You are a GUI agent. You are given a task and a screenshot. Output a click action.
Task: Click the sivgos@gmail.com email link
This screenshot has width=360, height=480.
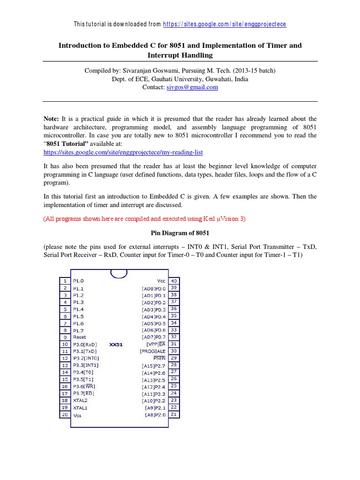(192, 87)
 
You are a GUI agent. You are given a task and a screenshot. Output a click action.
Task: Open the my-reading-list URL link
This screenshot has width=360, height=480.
(123, 152)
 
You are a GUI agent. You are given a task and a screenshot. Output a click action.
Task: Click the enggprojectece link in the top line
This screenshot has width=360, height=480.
(225, 24)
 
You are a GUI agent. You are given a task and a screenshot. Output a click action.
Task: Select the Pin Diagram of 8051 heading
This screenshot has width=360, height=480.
(180, 233)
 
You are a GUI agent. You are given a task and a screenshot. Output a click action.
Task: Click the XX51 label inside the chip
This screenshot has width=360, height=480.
(116, 344)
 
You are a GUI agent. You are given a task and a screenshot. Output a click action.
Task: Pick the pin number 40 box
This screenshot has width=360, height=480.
(174, 281)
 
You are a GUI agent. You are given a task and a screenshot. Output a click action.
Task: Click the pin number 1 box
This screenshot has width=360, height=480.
(65, 281)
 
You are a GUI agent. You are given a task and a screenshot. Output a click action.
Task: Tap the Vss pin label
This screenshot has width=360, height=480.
(77, 415)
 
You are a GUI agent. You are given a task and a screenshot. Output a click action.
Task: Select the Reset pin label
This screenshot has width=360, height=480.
(80, 337)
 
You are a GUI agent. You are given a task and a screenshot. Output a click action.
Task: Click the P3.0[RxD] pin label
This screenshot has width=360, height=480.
(85, 344)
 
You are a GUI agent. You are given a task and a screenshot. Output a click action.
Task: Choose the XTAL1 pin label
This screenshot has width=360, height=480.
(80, 408)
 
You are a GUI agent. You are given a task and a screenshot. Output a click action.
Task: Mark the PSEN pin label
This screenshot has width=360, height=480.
(159, 358)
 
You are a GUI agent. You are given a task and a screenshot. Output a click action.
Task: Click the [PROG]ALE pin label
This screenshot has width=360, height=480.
(152, 351)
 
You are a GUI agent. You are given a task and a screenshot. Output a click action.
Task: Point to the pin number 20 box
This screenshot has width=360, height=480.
(65, 415)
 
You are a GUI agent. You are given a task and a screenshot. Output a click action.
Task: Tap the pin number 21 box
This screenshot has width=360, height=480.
(174, 415)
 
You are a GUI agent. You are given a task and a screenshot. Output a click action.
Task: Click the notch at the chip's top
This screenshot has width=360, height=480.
(119, 273)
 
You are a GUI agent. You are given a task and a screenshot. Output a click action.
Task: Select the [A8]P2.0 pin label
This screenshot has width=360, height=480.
(155, 415)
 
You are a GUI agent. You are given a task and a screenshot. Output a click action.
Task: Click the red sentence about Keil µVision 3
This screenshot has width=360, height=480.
(144, 219)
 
